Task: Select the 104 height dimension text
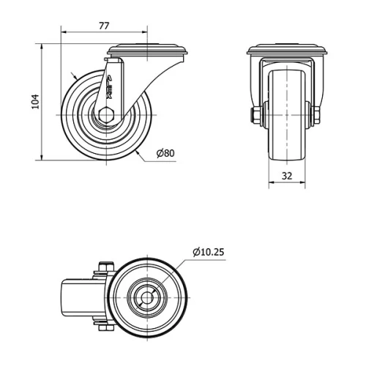pyautogui.click(x=34, y=102)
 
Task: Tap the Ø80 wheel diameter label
pyautogui.click(x=165, y=153)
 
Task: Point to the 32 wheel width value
pyautogui.click(x=286, y=176)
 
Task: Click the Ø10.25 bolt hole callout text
pyautogui.click(x=209, y=252)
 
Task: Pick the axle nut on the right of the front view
pyautogui.click(x=318, y=114)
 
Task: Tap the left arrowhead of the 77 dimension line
pyautogui.click(x=63, y=33)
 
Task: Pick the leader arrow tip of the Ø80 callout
pyautogui.click(x=138, y=152)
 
